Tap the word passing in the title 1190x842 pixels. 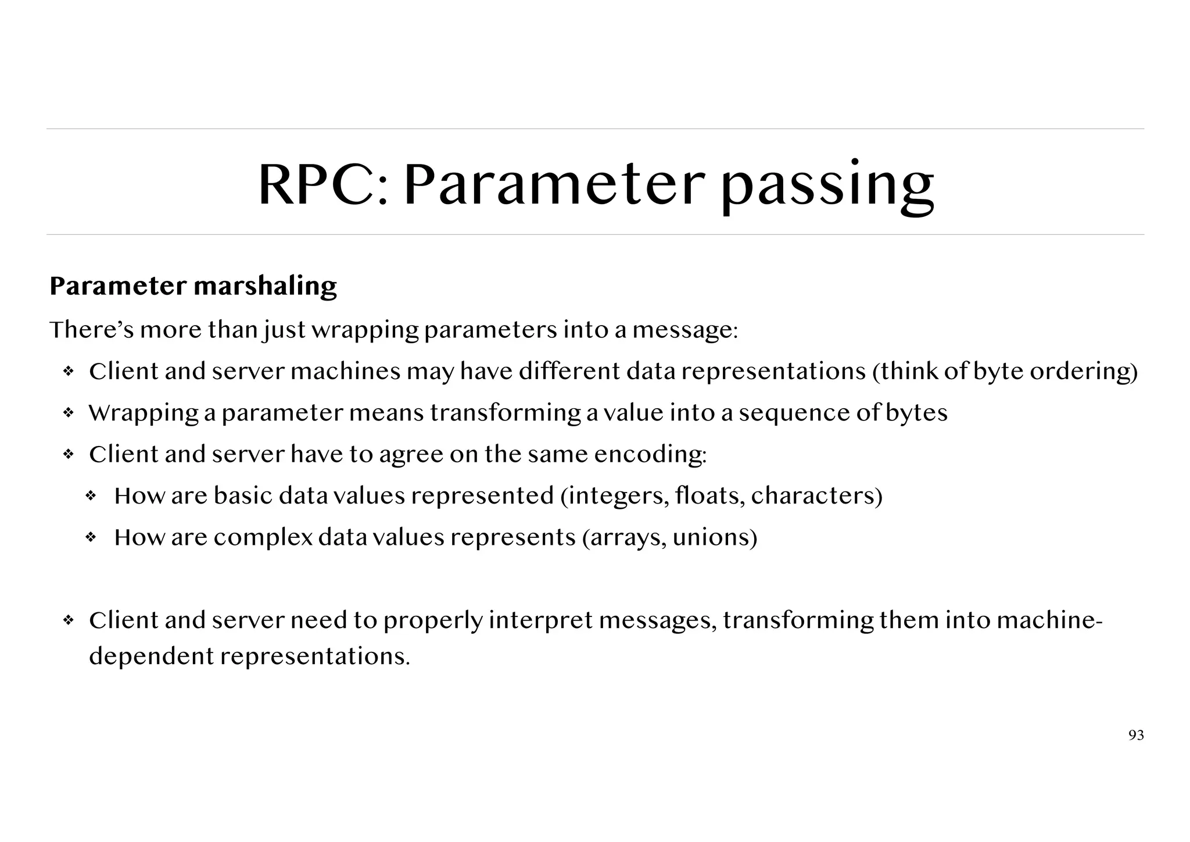click(x=827, y=186)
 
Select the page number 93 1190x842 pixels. click(x=1136, y=736)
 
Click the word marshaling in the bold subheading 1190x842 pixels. click(x=265, y=286)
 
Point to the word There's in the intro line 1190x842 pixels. click(x=91, y=330)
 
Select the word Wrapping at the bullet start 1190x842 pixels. click(x=144, y=413)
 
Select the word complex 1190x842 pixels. click(x=263, y=538)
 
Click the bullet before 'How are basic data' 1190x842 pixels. click(x=91, y=496)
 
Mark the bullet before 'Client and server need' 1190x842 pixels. click(x=68, y=620)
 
